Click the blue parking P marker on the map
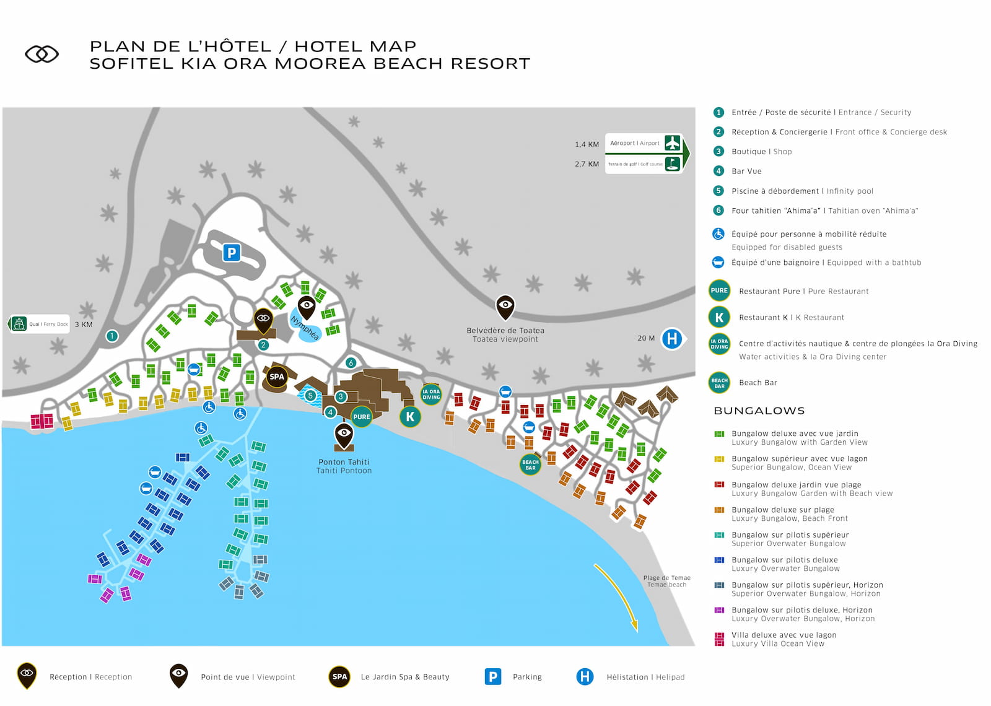click(231, 253)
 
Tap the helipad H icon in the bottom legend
click(585, 677)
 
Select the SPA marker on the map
click(277, 377)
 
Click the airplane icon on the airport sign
click(672, 143)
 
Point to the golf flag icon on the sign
click(672, 163)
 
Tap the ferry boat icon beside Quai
click(19, 324)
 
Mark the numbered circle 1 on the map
click(112, 336)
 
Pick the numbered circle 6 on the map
click(351, 363)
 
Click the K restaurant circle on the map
click(410, 417)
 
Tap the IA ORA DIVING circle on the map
click(431, 394)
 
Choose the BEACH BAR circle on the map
click(530, 464)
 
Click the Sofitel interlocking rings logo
click(41, 54)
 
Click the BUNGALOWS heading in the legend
click(759, 411)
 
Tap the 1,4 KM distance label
click(587, 144)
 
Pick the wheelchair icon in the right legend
click(718, 234)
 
